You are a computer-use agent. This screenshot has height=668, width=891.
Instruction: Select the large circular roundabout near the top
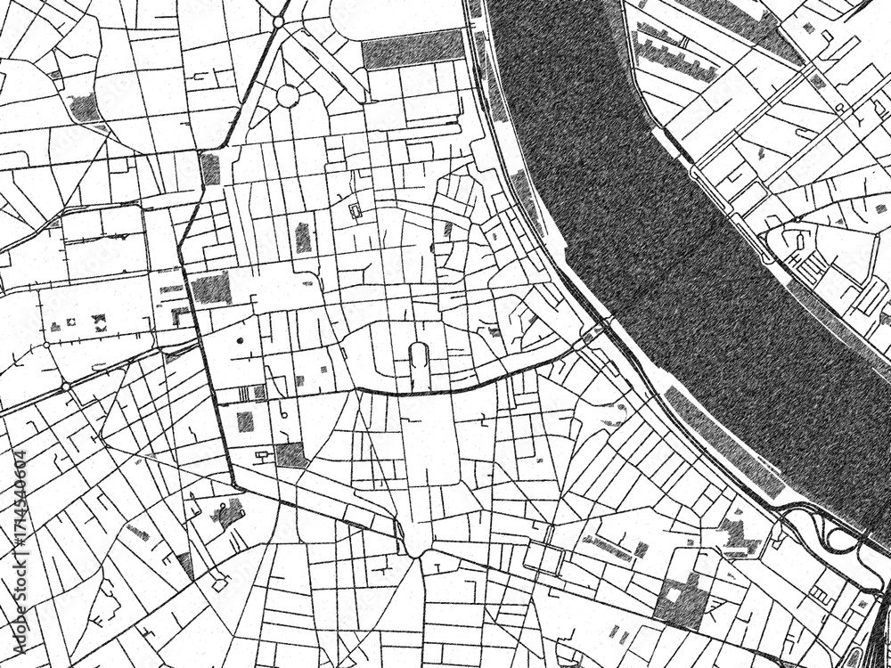[x=287, y=94]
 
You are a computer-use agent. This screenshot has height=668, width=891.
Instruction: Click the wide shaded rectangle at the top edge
[x=413, y=50]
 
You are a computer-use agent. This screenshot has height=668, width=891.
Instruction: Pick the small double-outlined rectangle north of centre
[x=356, y=211]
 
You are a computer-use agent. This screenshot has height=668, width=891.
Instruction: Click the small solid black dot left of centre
[x=240, y=340]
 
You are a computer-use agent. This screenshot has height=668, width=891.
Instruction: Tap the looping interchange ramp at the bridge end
[x=838, y=534]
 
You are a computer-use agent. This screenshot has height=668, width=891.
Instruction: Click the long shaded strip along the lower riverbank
[x=722, y=441]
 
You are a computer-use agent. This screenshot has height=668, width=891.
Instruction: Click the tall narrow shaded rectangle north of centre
[x=304, y=237]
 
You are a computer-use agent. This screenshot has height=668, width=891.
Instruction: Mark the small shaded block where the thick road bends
[x=210, y=168]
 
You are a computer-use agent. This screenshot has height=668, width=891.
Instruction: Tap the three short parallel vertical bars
[x=245, y=394]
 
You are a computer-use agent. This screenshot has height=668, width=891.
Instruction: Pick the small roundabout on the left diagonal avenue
[x=65, y=387]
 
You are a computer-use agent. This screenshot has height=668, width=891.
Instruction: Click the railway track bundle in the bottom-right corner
[x=878, y=623]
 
